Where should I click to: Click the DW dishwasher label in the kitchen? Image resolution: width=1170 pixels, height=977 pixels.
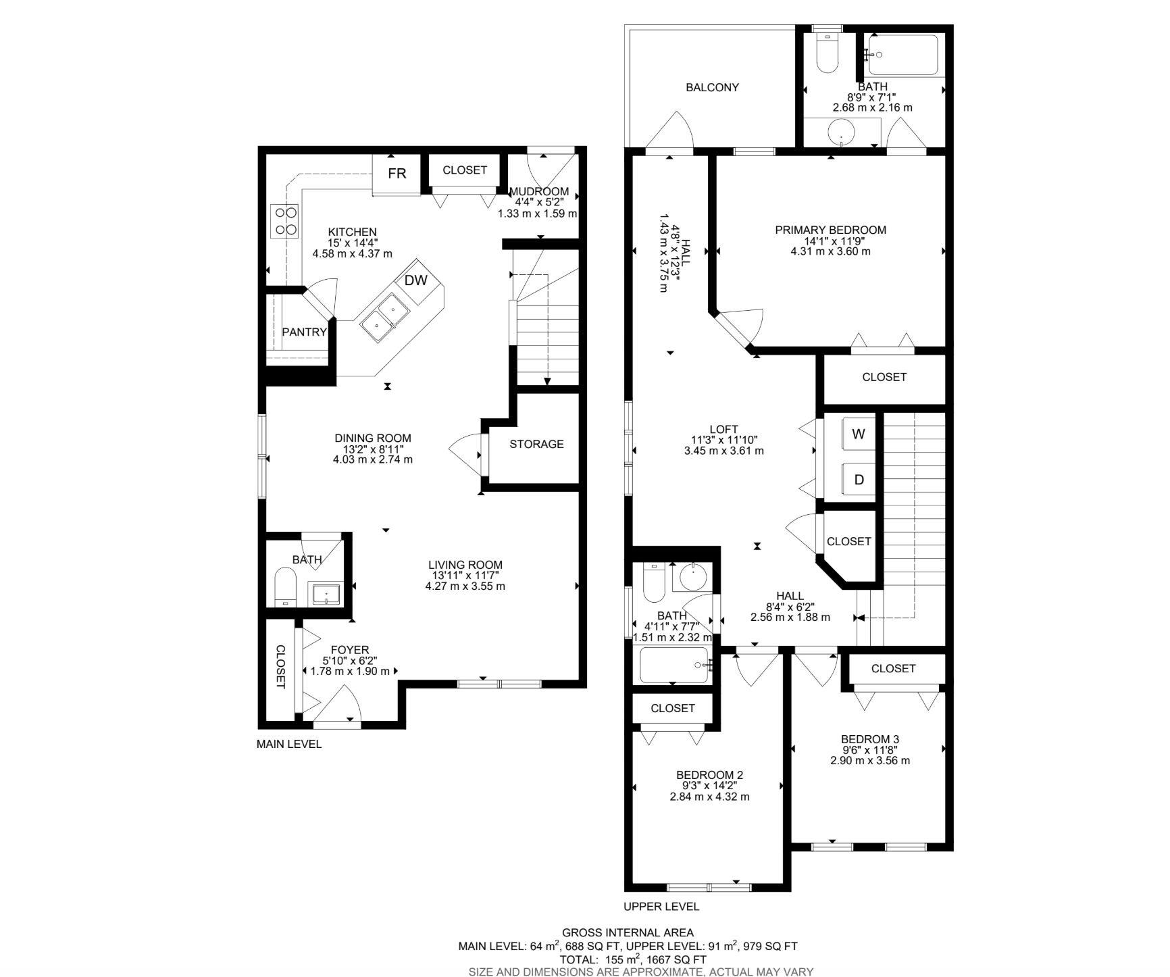[x=416, y=280]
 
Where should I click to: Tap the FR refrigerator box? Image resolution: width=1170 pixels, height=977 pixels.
[x=397, y=174]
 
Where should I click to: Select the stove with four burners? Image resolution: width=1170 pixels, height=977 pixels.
[x=285, y=220]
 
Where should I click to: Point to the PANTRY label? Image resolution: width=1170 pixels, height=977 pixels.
[x=304, y=332]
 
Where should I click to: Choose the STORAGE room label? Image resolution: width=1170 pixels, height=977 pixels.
[x=536, y=444]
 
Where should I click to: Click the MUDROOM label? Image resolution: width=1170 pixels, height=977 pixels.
[x=538, y=191]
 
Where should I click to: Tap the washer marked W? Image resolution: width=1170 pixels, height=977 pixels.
[x=859, y=434]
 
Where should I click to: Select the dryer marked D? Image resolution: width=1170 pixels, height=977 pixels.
[x=859, y=480]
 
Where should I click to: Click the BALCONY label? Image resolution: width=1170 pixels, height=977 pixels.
[x=712, y=87]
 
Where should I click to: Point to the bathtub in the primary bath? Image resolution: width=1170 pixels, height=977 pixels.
[x=903, y=55]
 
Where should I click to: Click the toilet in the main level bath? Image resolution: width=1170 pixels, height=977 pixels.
[x=286, y=587]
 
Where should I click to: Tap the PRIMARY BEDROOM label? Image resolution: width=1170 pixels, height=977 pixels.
[x=830, y=230]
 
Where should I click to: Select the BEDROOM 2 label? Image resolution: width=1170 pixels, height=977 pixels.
[x=709, y=775]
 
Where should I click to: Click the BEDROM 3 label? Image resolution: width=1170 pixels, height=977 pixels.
[x=870, y=739]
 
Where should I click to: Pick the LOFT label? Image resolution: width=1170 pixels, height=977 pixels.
[x=723, y=429]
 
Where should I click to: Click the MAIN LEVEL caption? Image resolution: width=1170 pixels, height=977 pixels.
[x=289, y=744]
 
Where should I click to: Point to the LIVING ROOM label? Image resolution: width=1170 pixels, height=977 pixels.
[x=465, y=565]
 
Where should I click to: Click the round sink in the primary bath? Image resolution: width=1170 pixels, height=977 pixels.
[x=841, y=131]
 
